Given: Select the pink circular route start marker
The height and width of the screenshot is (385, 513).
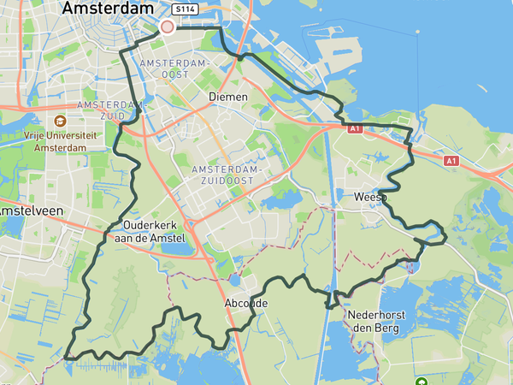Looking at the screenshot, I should [167, 27].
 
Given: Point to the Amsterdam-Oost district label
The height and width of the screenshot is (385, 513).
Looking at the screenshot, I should [174, 69].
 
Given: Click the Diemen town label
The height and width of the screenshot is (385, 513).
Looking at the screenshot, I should [228, 97].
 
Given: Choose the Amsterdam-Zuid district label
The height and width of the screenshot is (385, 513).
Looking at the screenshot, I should [109, 110].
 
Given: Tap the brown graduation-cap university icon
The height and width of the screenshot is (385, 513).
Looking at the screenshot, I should [61, 121].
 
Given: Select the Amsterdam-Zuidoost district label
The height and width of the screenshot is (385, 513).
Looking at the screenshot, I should [229, 175].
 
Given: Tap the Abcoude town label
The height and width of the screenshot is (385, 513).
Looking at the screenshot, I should [246, 304].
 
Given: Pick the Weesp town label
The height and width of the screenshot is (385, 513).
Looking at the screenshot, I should [369, 198].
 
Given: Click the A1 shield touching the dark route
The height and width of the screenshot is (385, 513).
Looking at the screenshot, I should [354, 127].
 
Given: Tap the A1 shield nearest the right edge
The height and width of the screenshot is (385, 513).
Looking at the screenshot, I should [451, 160].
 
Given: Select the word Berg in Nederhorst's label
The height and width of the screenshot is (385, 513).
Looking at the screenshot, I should [392, 328].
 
